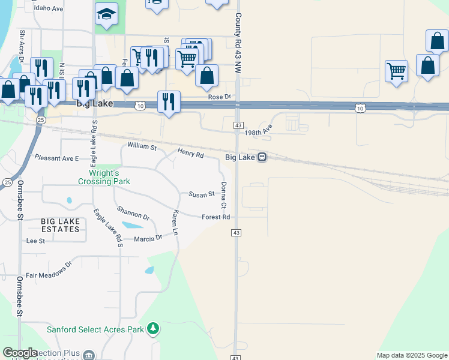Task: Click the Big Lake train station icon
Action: (262, 157)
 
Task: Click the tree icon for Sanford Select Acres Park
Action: (154, 329)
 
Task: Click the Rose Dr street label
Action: (220, 97)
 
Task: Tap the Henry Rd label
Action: (191, 154)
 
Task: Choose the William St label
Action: (142, 146)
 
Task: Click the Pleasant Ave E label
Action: (57, 158)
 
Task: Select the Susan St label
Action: (202, 194)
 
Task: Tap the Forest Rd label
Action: (216, 217)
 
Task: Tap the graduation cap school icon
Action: (107, 14)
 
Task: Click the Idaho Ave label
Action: (49, 9)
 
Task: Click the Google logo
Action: (20, 353)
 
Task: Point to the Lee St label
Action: (36, 241)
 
